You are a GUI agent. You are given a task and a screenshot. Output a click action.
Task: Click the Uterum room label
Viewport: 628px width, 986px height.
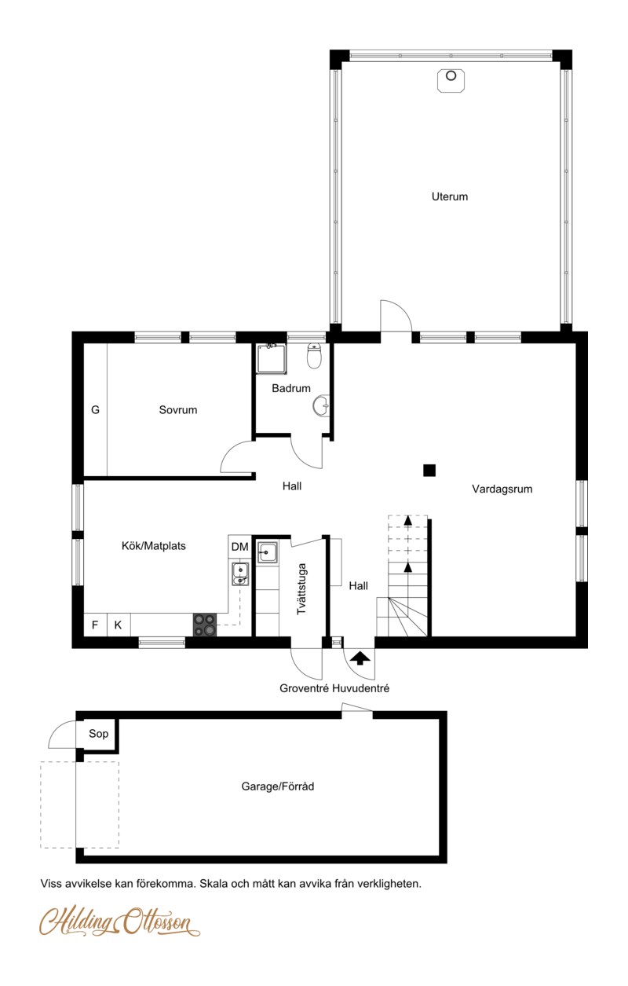450,196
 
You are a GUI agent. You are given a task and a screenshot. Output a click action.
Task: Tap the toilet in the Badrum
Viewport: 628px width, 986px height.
314,356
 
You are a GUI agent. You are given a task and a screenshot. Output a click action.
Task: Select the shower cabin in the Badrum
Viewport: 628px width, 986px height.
272,359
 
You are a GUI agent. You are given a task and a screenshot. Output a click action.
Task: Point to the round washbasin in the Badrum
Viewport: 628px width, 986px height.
322,405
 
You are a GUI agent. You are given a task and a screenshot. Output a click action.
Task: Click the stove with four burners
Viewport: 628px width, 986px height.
205,625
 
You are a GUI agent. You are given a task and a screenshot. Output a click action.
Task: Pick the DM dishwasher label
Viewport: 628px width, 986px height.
239,547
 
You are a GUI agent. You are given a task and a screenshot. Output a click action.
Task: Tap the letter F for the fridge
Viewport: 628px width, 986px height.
94,625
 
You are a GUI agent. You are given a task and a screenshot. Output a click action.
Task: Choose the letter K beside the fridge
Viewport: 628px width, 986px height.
118,625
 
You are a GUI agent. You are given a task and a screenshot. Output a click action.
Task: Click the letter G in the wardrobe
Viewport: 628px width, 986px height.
95,410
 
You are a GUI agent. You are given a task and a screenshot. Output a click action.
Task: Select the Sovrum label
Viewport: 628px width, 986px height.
178,410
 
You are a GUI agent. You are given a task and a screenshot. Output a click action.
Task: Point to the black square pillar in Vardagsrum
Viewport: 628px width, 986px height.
429,471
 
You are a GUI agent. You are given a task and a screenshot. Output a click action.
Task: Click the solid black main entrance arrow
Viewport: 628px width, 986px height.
360,658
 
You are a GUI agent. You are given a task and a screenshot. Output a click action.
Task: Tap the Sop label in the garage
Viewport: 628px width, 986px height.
98,733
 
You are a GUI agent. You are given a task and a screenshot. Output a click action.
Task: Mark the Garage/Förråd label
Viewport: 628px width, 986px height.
278,786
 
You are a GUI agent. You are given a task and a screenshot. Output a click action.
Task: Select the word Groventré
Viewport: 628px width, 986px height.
305,688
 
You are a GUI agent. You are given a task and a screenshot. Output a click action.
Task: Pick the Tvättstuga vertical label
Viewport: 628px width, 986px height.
302,589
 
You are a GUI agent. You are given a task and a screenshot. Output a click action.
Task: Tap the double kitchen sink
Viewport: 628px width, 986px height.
240,574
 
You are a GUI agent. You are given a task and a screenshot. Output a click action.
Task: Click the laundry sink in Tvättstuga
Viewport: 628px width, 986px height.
267,552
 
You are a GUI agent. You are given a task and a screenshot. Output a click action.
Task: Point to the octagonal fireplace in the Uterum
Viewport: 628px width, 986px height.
451,81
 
